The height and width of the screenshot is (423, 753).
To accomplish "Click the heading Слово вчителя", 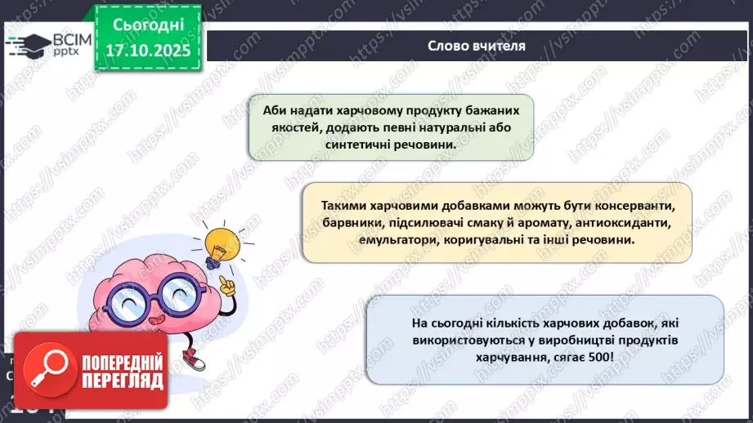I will [476, 45].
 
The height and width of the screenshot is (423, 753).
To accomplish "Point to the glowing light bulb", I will [220, 243].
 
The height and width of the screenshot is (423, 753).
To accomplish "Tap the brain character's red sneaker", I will [194, 358].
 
